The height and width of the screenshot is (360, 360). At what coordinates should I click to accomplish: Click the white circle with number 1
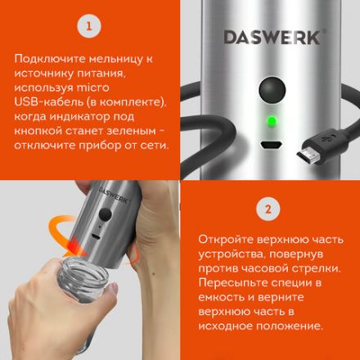tap(89, 27)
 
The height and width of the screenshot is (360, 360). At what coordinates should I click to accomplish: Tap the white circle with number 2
tap(268, 209)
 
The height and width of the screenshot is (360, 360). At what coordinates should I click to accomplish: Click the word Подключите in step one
tap(49, 60)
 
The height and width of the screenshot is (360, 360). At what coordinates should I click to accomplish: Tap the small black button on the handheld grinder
tap(106, 215)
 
